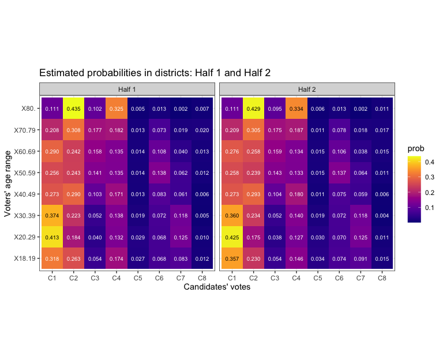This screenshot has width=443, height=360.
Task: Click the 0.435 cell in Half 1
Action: (73, 108)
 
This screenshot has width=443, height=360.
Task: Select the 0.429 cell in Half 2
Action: (253, 108)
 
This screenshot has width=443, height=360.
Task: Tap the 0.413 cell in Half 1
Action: (52, 237)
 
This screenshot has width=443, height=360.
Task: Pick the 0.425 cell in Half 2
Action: (232, 237)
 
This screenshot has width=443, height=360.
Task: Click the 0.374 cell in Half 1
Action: (52, 215)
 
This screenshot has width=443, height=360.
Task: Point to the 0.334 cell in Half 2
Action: (296, 108)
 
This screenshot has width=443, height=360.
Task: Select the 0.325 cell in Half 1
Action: (116, 108)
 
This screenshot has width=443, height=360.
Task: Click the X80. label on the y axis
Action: (28, 108)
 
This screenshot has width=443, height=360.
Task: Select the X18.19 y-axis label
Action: (24, 258)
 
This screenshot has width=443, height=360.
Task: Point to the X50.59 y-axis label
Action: (24, 172)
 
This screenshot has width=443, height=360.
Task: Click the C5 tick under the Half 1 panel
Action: (138, 278)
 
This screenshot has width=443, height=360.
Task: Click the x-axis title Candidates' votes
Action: (217, 287)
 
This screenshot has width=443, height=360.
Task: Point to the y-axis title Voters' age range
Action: (7, 183)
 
